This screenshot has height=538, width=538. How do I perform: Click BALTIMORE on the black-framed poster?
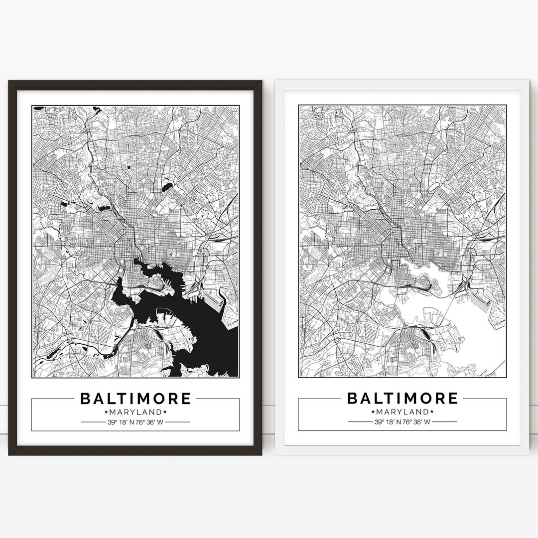pos(135,399)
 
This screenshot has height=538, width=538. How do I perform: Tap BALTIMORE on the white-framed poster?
pos(402,399)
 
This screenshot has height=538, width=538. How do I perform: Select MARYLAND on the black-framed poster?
pos(135,412)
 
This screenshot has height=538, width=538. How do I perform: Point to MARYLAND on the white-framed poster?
pos(402,412)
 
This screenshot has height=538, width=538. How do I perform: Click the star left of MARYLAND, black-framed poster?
pos(106,412)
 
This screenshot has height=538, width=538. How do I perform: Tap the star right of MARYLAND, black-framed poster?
pos(165,412)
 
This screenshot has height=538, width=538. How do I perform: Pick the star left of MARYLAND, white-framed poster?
pos(373,412)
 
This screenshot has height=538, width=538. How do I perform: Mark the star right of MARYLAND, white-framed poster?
pos(432,412)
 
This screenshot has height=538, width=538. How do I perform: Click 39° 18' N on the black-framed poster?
pos(119,422)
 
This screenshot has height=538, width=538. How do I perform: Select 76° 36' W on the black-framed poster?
pos(150,422)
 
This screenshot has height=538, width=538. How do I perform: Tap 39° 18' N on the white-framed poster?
pos(386,422)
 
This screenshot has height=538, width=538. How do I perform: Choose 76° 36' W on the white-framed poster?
pos(417,422)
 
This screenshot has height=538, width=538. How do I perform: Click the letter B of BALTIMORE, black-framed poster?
pos(85,399)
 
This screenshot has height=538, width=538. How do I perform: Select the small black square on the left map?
pos(128,167)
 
